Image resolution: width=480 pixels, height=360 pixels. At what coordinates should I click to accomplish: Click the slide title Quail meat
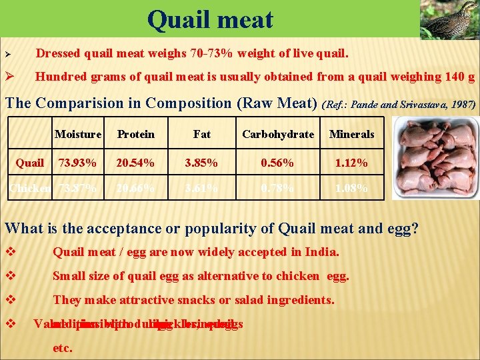(x=210, y=19)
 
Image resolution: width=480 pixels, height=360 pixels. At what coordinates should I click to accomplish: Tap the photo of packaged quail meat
(x=435, y=159)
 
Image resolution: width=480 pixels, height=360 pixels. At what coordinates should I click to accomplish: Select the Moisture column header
(x=78, y=134)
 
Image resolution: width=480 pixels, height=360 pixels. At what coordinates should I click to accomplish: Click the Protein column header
(x=135, y=134)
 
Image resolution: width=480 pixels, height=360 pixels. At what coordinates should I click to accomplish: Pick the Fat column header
(x=201, y=134)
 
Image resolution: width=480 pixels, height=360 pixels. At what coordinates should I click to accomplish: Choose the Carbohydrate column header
(x=278, y=134)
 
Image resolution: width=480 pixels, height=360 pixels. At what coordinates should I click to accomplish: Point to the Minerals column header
(x=352, y=134)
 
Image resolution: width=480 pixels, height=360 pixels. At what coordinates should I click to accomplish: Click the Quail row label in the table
(x=30, y=163)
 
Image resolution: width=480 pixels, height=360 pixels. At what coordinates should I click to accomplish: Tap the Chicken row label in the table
(x=29, y=188)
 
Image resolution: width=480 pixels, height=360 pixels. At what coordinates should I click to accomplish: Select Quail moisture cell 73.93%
(x=77, y=163)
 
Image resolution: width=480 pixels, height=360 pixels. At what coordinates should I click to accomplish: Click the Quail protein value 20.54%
(x=135, y=163)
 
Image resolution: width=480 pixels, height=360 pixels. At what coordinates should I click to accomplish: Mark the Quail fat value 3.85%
(x=201, y=163)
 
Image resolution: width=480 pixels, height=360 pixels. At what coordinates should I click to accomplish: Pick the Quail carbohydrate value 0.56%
(x=278, y=163)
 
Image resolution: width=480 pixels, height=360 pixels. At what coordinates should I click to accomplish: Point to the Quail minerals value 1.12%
(x=352, y=163)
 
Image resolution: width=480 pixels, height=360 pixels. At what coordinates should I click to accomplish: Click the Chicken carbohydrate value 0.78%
(x=278, y=188)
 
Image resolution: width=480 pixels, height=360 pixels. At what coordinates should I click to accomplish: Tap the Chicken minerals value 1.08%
(x=352, y=188)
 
